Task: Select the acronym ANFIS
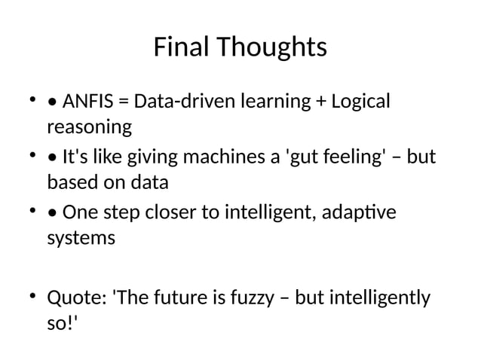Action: pyautogui.click(x=87, y=101)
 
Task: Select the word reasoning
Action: pyautogui.click(x=89, y=127)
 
